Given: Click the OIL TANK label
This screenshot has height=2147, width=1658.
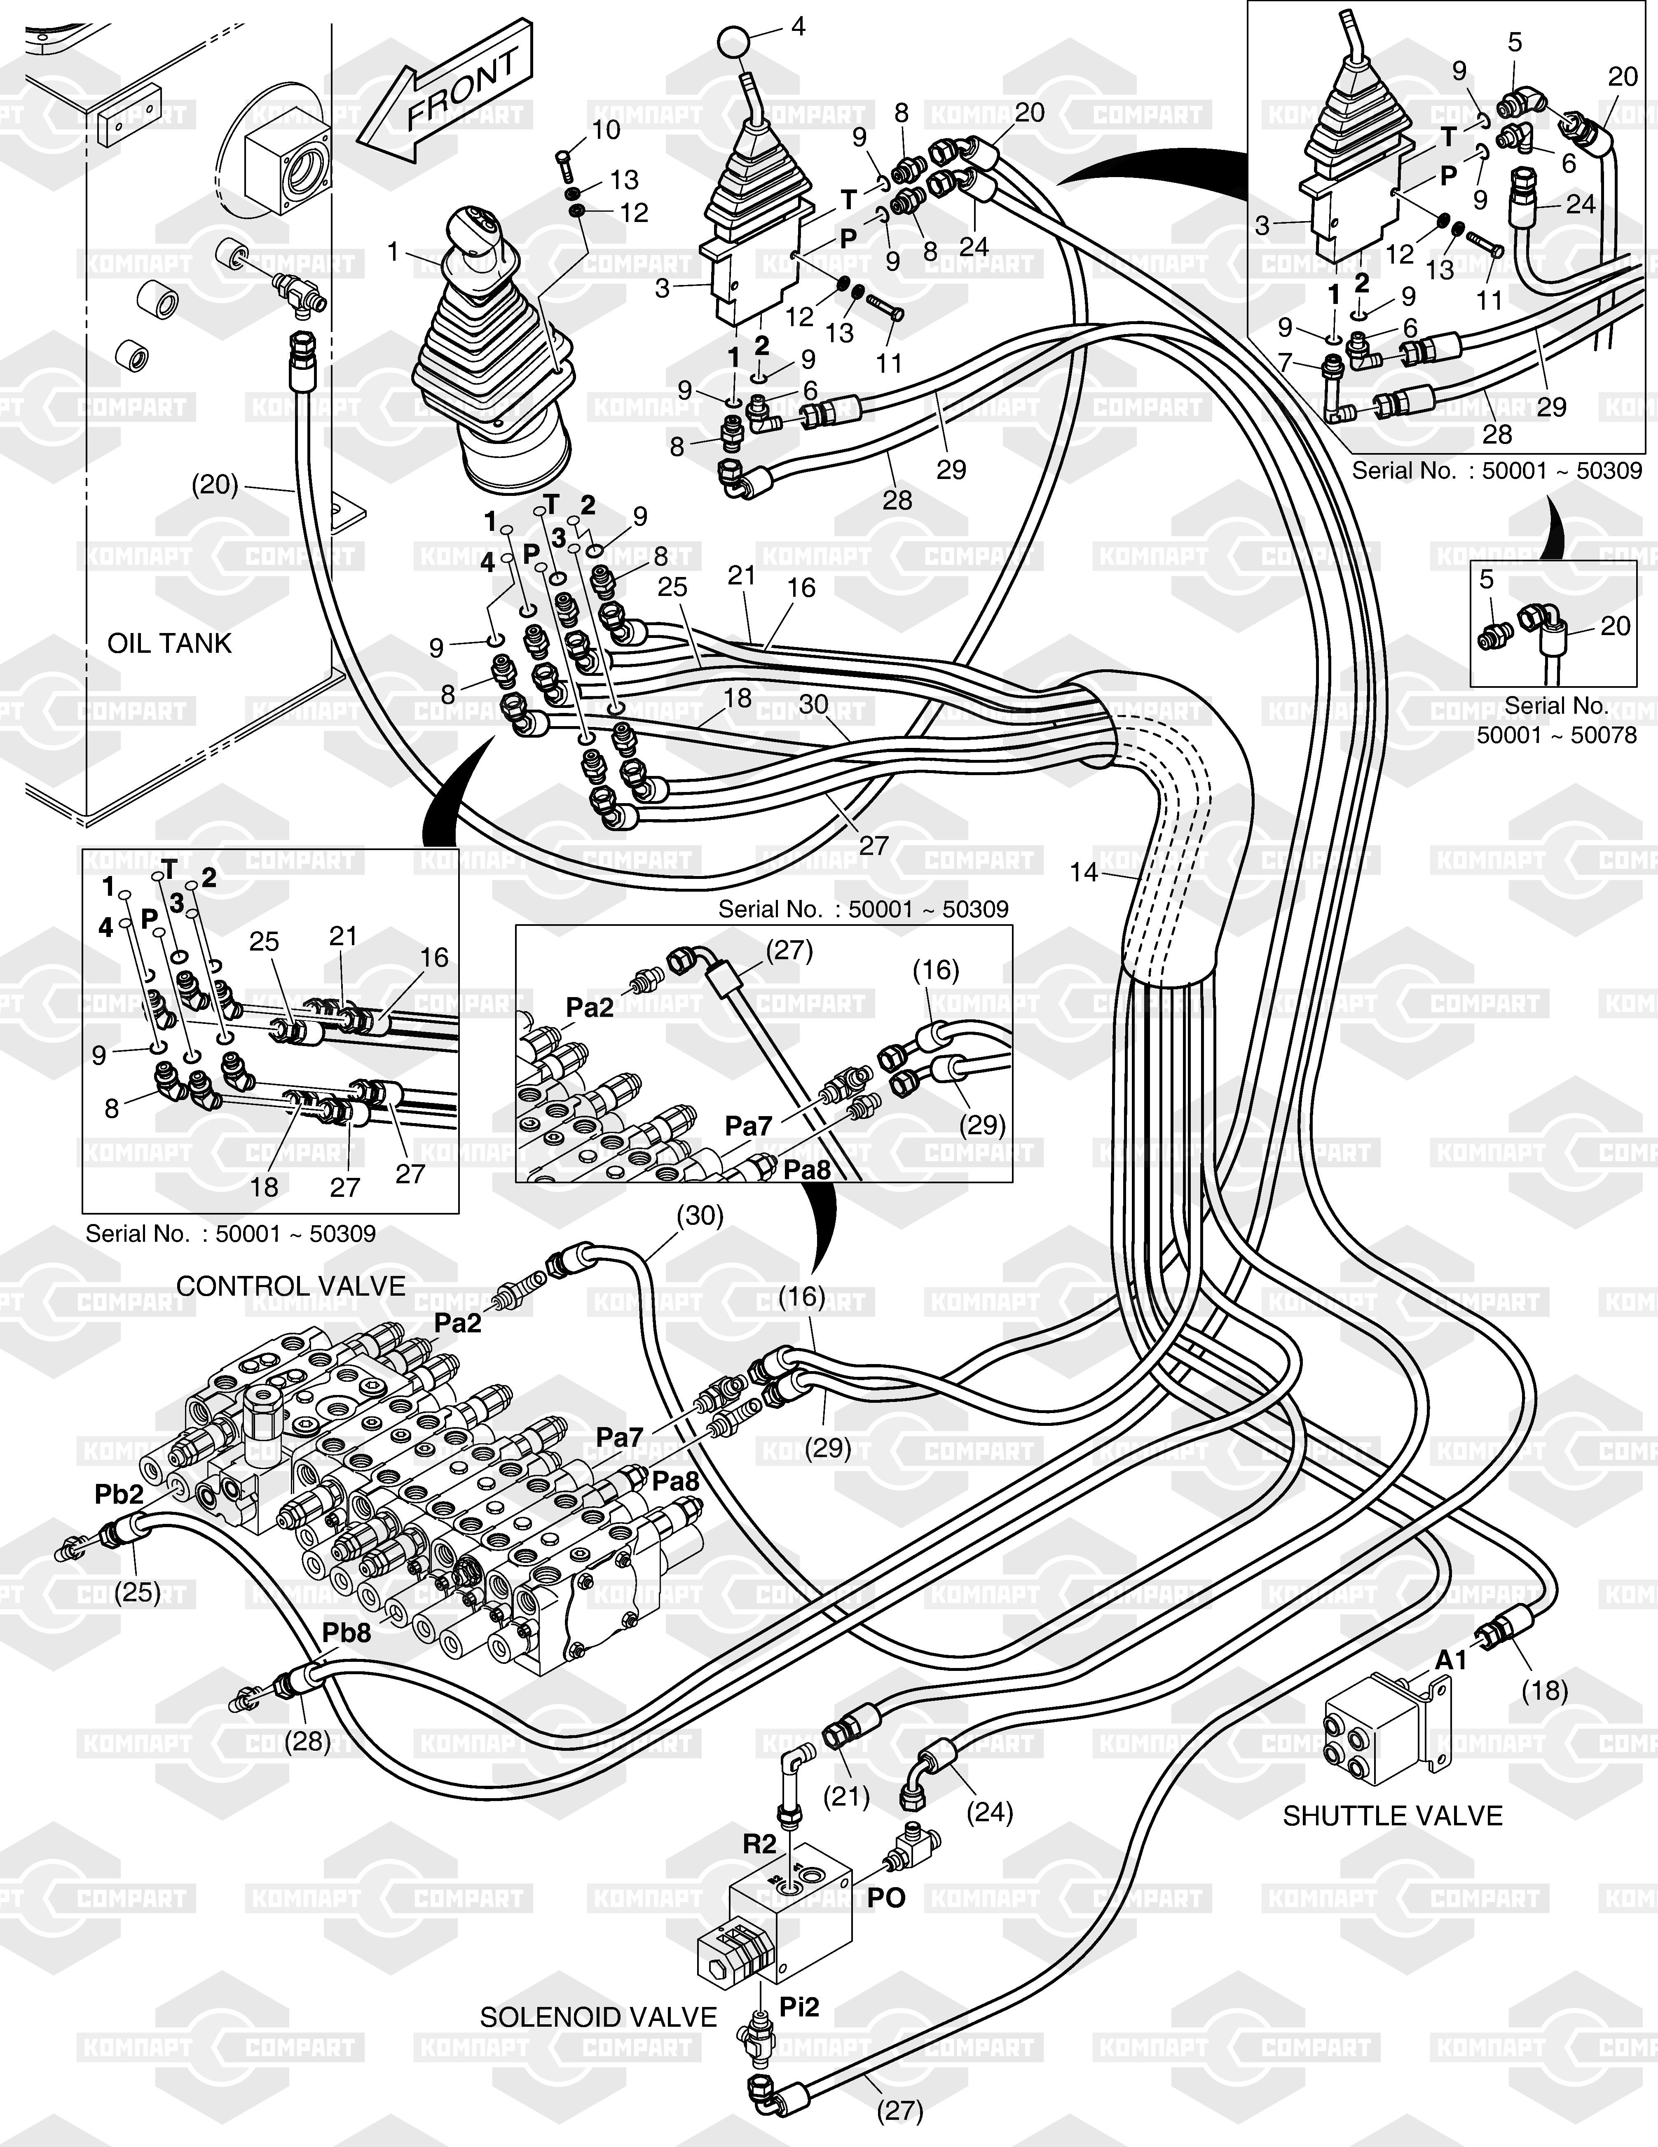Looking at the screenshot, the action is tap(169, 644).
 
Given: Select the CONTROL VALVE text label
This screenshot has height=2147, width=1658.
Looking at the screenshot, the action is tap(291, 1286).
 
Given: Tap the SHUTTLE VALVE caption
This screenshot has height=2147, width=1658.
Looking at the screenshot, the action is tap(1393, 1816).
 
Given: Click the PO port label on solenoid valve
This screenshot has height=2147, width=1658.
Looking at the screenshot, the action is tap(886, 1898).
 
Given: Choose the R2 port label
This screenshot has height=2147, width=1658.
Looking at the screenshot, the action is tap(759, 1844).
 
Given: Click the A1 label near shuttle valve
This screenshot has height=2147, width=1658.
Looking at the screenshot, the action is tap(1450, 1660).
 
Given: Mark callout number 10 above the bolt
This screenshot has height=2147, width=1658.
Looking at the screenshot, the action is tap(606, 130).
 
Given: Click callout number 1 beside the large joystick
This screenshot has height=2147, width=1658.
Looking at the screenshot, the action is tap(393, 252).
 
